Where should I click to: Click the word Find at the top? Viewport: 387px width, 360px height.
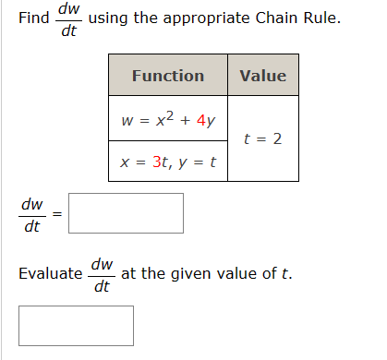click(x=35, y=18)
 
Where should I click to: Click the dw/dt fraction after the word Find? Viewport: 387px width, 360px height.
click(x=68, y=20)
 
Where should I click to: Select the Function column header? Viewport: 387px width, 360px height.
click(x=167, y=76)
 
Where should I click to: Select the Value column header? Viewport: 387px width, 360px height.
click(x=262, y=76)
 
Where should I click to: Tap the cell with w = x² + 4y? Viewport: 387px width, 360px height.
click(x=167, y=119)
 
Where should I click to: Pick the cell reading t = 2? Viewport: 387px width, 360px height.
click(x=262, y=140)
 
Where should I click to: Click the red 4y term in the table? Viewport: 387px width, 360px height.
click(x=205, y=120)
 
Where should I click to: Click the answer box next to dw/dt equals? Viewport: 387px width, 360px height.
click(x=126, y=213)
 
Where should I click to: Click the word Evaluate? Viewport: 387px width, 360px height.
click(x=50, y=274)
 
